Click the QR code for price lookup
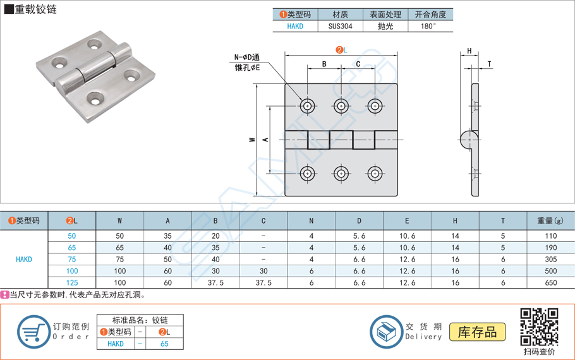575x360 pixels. [x=539, y=327]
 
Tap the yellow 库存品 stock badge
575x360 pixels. [x=477, y=332]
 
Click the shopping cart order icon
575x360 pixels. [x=33, y=332]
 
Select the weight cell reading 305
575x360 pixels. [x=551, y=259]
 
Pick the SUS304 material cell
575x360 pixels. [x=340, y=26]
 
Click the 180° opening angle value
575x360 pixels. [x=428, y=26]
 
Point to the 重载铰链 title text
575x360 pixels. [x=35, y=9]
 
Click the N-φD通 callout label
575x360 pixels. [x=247, y=57]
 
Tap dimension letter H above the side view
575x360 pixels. [x=469, y=51]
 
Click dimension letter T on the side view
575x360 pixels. [x=489, y=64]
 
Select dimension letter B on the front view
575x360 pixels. [x=324, y=64]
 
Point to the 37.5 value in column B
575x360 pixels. [x=215, y=283]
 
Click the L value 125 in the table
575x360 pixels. [x=72, y=283]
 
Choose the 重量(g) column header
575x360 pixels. [x=550, y=220]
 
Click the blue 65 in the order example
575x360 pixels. [x=164, y=344]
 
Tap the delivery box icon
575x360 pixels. [x=386, y=332]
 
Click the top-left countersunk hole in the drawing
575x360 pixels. [x=308, y=106]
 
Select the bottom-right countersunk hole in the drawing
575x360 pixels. [x=375, y=174]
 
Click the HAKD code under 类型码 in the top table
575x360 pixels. [x=295, y=26]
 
